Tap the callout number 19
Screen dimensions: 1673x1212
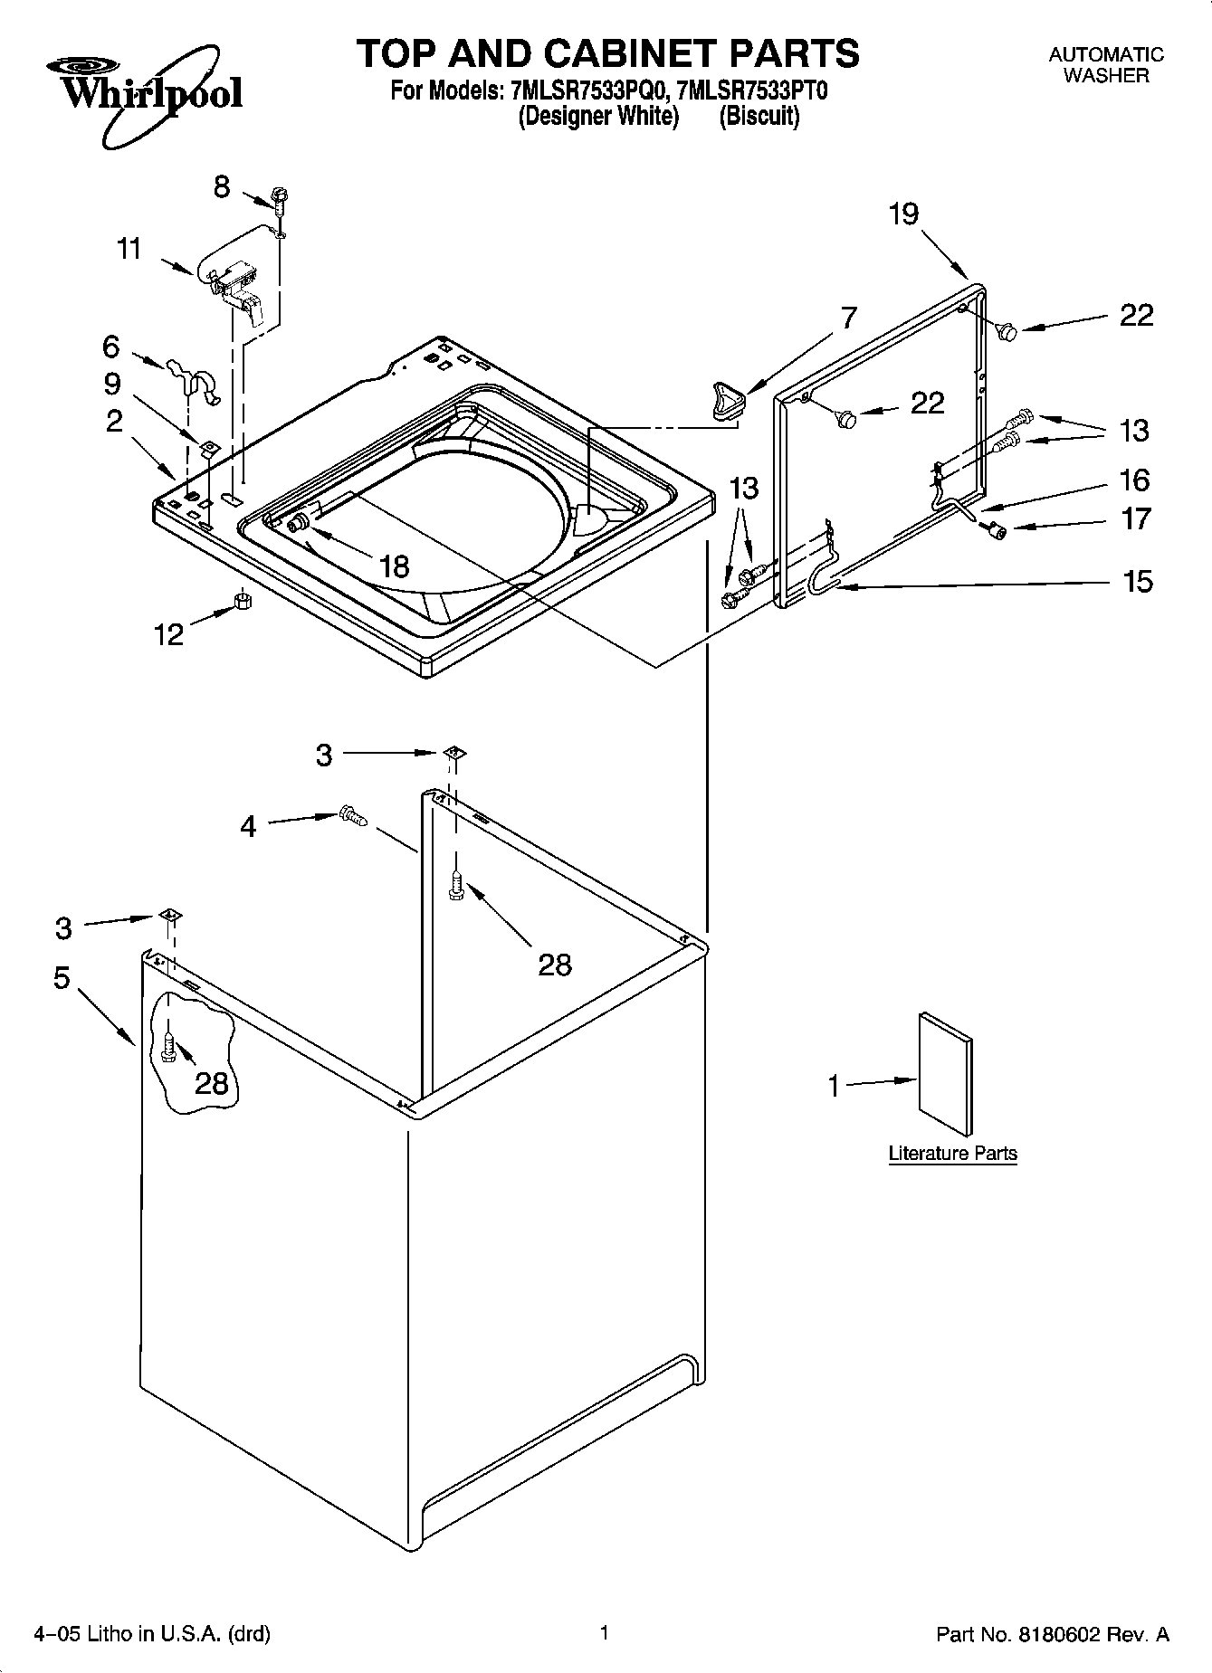(902, 214)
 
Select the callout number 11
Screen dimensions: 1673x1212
(130, 248)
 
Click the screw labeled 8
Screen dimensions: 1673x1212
(280, 200)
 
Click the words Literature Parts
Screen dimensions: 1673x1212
(952, 1154)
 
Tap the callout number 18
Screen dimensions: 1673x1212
(394, 566)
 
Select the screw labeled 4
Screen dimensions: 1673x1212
(352, 816)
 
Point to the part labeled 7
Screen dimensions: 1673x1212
(727, 399)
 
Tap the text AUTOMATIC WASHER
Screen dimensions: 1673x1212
(1105, 65)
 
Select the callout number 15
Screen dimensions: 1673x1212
(1138, 581)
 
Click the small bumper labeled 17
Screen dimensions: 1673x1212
(996, 531)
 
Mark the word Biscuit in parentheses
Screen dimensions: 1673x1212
(759, 117)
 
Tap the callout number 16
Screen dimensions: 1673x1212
(1134, 480)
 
